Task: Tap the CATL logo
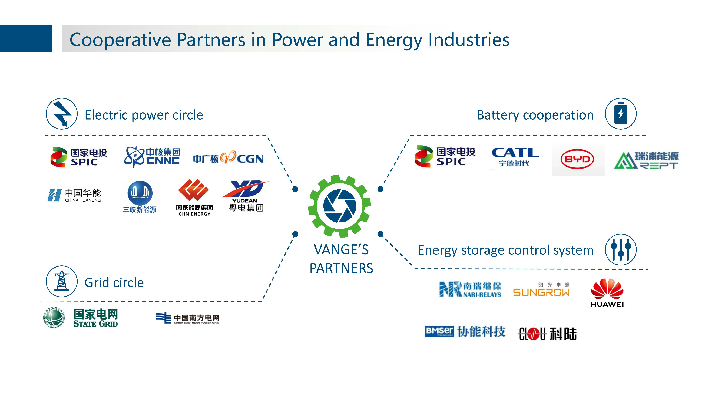(515, 157)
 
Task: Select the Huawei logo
(607, 293)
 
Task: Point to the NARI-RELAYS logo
(470, 289)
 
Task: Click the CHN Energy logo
(194, 197)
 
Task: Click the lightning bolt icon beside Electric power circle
(62, 114)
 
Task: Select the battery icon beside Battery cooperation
(621, 113)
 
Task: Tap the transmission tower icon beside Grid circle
(62, 281)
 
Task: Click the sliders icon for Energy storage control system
(621, 249)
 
